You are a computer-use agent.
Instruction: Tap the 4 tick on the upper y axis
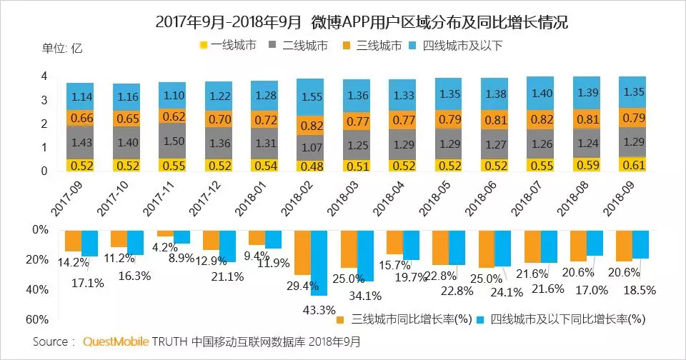[x=44, y=76]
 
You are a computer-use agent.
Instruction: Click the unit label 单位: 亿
[x=62, y=48]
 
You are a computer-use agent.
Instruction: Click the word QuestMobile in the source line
[x=116, y=342]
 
